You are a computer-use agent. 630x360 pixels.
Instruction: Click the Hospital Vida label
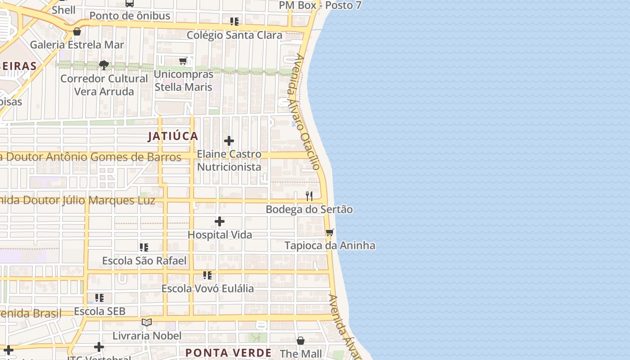[220, 234]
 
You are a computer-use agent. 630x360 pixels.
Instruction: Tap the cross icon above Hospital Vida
[220, 221]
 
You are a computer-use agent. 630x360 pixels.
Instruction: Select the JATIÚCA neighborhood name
[173, 136]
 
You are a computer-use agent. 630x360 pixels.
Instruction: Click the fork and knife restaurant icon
[309, 196]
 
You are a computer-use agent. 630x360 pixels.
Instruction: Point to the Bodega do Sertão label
[309, 209]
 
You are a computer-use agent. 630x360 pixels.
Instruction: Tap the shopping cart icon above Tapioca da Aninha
[330, 233]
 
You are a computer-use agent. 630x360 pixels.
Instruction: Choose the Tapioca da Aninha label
[330, 246]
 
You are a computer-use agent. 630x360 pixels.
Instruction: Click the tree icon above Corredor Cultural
[104, 65]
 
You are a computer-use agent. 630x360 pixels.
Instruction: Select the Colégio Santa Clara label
[234, 35]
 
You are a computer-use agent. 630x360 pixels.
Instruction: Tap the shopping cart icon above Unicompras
[183, 61]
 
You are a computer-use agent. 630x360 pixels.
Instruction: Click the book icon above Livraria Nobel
[147, 322]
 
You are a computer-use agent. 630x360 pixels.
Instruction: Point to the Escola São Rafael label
[144, 261]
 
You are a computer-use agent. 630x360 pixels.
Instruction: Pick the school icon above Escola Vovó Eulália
[207, 275]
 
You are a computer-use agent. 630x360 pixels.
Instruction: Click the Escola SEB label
[99, 311]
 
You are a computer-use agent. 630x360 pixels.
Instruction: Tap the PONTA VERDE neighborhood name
[229, 353]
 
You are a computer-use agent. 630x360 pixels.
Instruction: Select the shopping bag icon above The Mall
[301, 341]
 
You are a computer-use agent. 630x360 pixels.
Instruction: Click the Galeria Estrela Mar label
[77, 45]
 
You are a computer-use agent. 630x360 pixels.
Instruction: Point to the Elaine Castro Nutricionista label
[229, 160]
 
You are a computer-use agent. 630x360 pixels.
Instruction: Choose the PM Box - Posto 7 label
[320, 5]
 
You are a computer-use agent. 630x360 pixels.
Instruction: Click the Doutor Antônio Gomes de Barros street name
[90, 157]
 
